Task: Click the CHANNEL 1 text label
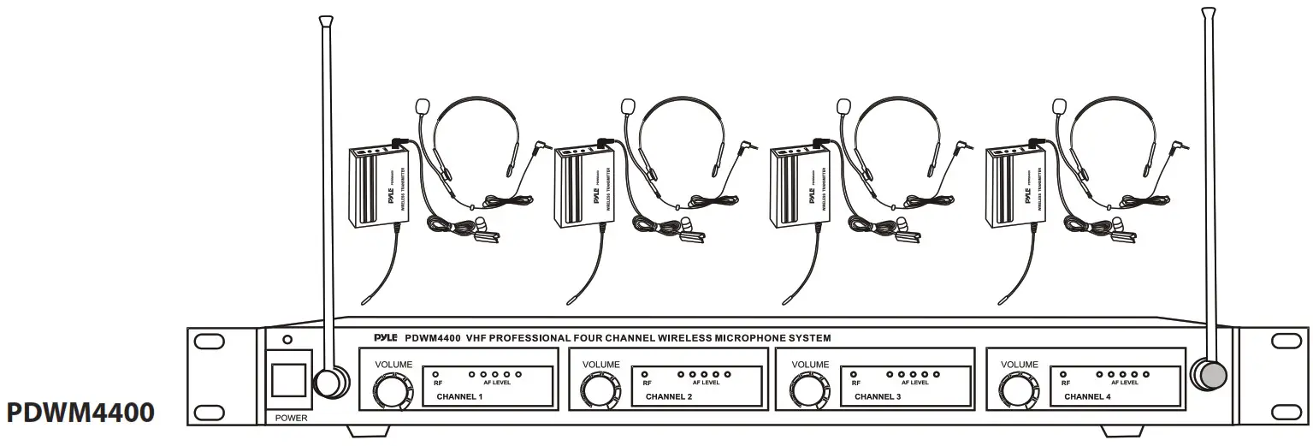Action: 459,397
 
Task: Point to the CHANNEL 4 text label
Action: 1085,397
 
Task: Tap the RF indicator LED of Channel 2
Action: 644,374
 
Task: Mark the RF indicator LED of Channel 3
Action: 853,374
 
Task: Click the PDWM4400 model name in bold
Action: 81,413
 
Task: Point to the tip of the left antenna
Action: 324,19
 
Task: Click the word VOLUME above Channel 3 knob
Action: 810,364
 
